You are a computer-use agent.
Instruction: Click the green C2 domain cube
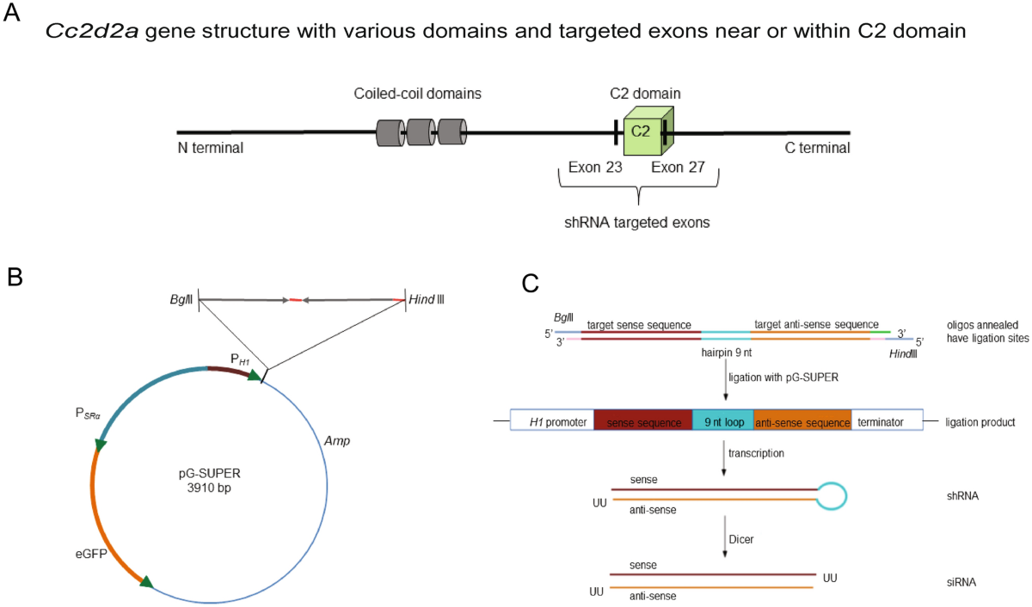pyautogui.click(x=644, y=131)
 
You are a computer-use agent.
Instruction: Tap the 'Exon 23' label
pyautogui.click(x=595, y=168)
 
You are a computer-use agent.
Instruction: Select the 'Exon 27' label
pyautogui.click(x=678, y=168)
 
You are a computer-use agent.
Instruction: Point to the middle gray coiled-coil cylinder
pyautogui.click(x=421, y=132)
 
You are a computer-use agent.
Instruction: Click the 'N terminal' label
pyautogui.click(x=210, y=148)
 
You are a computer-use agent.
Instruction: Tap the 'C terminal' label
pyautogui.click(x=817, y=148)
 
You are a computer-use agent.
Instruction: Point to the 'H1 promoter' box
pyautogui.click(x=552, y=423)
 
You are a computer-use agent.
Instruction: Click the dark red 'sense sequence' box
pyautogui.click(x=642, y=423)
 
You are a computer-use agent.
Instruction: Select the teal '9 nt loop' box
pyautogui.click(x=722, y=423)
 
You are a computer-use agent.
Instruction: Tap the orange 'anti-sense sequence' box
pyautogui.click(x=802, y=423)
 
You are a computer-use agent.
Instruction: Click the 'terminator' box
pyautogui.click(x=886, y=423)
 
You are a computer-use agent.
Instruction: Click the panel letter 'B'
pyautogui.click(x=15, y=277)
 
